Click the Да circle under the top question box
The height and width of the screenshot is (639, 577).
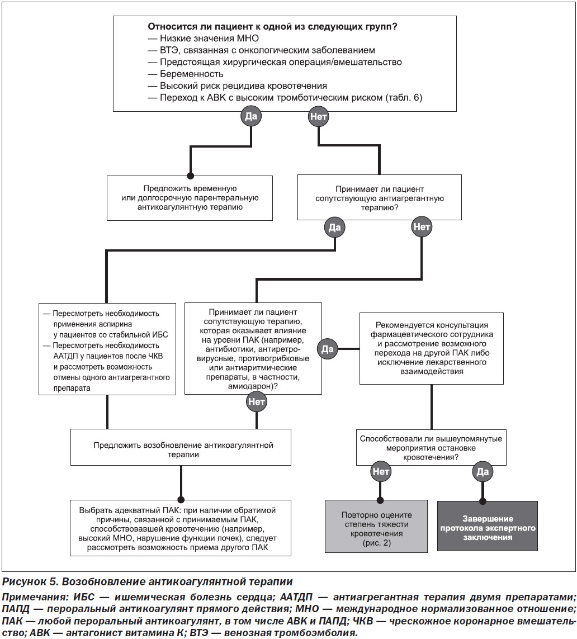[x=250, y=116]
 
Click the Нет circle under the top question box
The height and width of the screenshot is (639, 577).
[x=318, y=116]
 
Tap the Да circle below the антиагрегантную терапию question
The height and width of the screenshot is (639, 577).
[x=334, y=228]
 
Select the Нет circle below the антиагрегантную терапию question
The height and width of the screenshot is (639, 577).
[x=422, y=226]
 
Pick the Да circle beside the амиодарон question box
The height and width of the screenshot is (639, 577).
[x=327, y=349]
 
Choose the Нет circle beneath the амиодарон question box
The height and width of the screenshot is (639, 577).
[x=256, y=401]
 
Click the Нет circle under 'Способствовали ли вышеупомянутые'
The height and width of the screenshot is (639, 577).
[x=381, y=471]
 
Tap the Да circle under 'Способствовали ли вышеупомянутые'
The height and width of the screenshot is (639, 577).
[x=483, y=472]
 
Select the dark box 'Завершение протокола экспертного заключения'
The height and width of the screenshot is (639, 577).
[x=488, y=526]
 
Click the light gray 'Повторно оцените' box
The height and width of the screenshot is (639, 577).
[x=376, y=526]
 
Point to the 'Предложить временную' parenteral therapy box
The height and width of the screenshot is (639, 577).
[x=190, y=198]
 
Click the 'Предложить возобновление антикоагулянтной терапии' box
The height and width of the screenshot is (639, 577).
[x=181, y=447]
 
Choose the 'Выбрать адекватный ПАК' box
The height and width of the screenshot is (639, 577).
[x=181, y=528]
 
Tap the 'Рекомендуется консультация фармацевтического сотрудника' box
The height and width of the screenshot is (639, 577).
[x=432, y=348]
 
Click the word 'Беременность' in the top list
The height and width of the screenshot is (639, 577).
[x=192, y=74]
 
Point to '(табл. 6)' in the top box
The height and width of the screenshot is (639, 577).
[x=404, y=98]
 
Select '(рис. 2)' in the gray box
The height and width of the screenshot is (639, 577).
[x=376, y=543]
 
